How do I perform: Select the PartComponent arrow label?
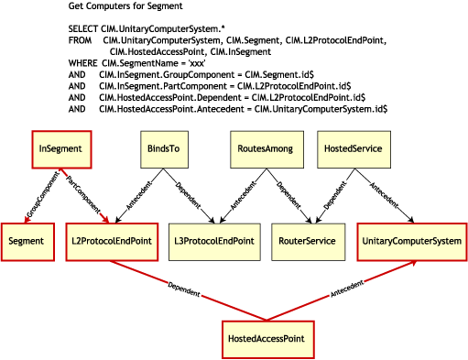pos(86,193)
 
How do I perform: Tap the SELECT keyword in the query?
pos(82,30)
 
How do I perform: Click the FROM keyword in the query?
pos(80,40)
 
